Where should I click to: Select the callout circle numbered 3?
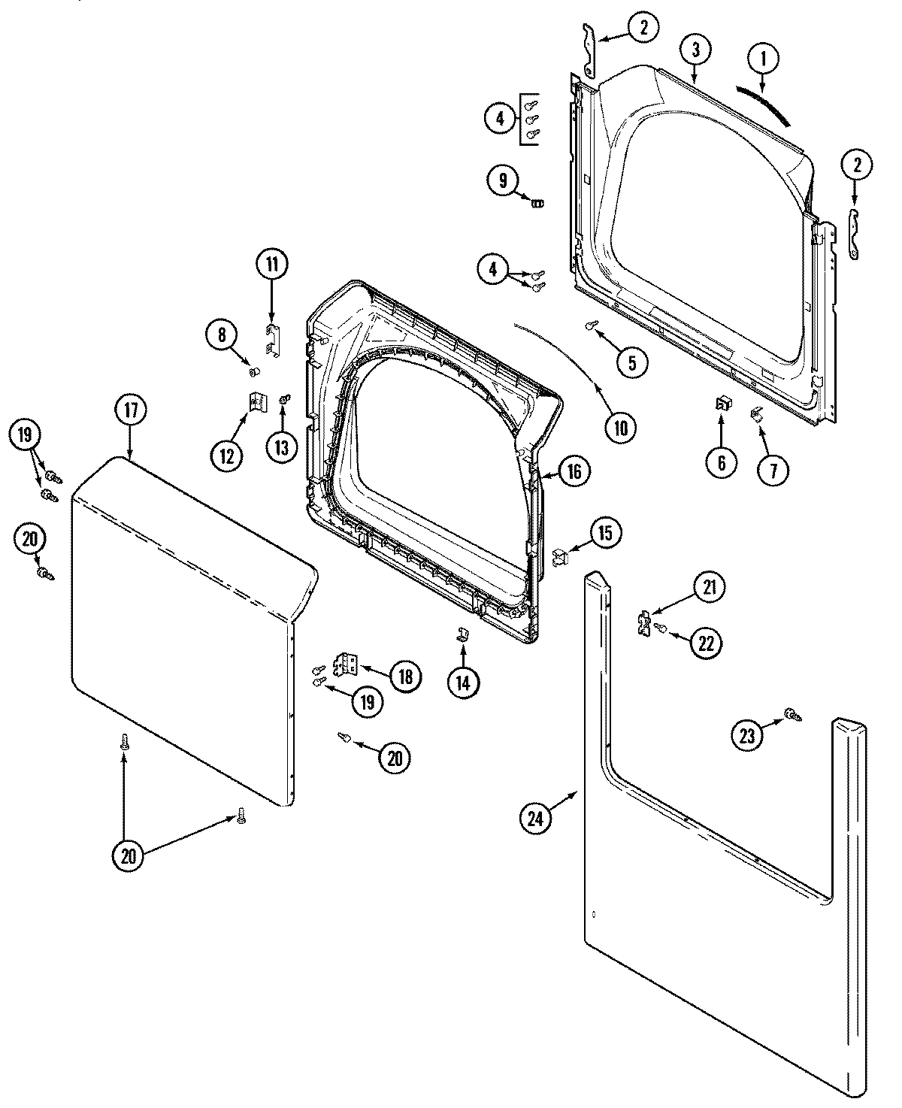[x=696, y=50]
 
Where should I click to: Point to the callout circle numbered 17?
[x=131, y=410]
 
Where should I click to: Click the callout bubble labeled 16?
[x=574, y=471]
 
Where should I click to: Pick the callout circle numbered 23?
[x=747, y=737]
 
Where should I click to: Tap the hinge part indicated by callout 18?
[x=347, y=663]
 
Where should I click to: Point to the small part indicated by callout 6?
[x=722, y=404]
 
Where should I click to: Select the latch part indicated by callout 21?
[x=643, y=623]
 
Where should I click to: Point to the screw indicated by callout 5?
[x=591, y=325]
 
